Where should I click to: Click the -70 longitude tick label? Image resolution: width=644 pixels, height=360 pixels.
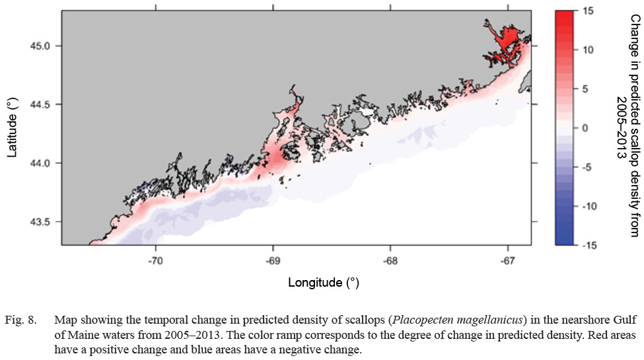156,261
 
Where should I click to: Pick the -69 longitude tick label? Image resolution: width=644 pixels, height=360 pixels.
273,261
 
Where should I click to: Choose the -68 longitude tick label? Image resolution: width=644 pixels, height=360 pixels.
390,261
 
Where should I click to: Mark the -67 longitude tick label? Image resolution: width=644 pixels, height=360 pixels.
507,261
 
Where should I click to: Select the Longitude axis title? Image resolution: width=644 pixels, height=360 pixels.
323,283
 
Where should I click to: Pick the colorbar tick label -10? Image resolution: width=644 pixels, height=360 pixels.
589,206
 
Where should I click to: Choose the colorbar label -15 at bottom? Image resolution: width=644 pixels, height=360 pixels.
589,245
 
